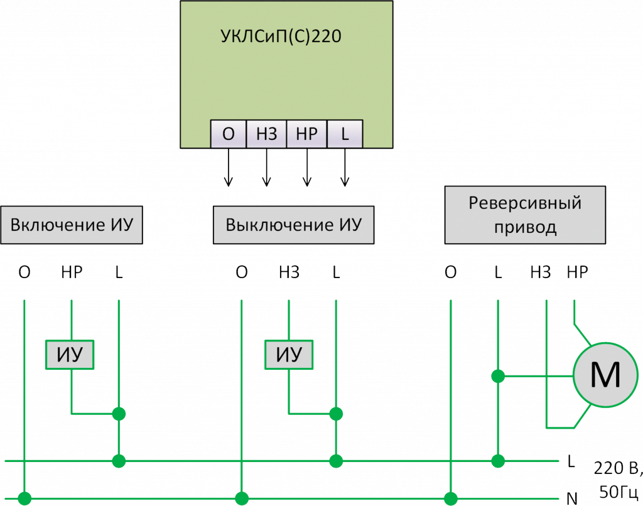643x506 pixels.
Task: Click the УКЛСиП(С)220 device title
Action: point(280,36)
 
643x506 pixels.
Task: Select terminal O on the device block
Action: point(229,133)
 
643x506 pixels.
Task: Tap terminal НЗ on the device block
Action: point(267,133)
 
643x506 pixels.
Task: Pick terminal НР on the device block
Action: point(306,133)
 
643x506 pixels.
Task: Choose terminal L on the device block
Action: point(345,133)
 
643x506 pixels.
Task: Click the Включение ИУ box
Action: point(72,225)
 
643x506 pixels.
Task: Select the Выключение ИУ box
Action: point(294,225)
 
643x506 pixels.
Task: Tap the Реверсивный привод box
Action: point(525,215)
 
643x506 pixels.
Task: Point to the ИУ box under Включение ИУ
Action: point(70,355)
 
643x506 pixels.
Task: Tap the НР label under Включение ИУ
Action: point(72,272)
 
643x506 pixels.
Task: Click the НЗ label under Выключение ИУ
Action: point(289,272)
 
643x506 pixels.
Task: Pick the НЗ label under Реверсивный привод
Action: point(540,272)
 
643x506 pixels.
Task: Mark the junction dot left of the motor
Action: point(498,376)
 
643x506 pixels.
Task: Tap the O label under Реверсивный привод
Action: point(450,272)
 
